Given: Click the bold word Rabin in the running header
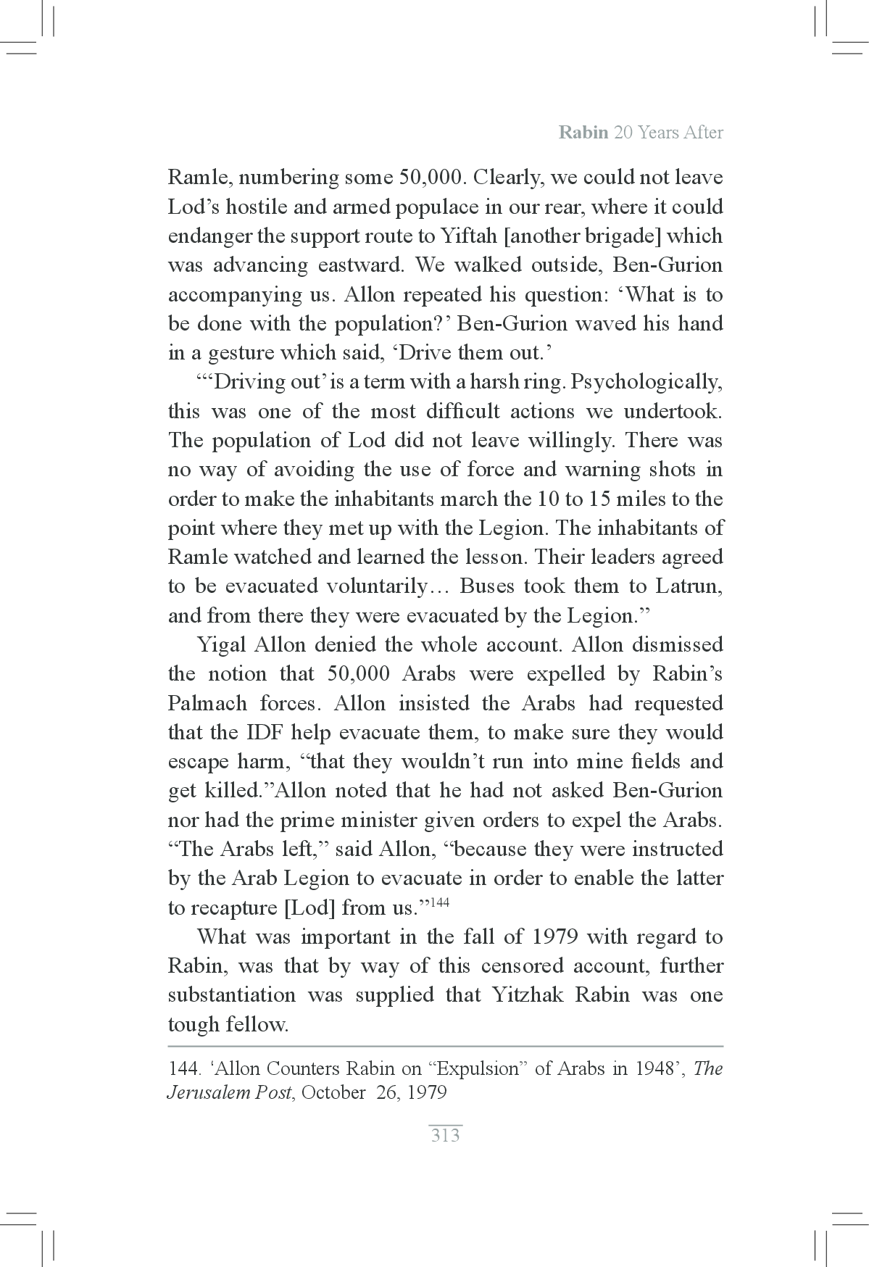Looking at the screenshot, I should pos(583,133).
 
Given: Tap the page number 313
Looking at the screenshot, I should pos(445,1135).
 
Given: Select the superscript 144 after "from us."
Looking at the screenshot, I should pos(439,902).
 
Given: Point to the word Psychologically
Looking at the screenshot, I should pos(646,382).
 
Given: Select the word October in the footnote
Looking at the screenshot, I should pos(333,1092).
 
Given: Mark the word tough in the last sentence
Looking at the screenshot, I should pos(194,1024).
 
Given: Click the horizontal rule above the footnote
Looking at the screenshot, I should pos(445,1046).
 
